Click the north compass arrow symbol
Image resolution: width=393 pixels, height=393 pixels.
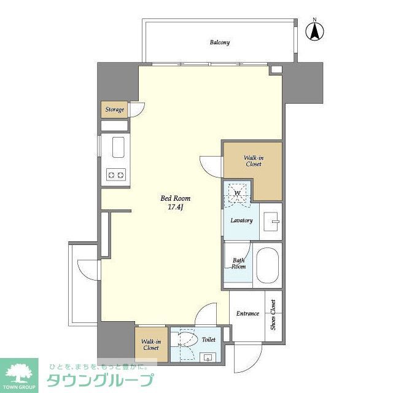[x=315, y=31]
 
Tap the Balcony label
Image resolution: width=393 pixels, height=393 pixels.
[x=219, y=42]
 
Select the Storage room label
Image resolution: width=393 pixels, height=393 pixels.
[x=114, y=110]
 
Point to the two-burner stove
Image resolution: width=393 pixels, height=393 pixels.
[x=115, y=175]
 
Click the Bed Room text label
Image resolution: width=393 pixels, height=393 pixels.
[x=175, y=198]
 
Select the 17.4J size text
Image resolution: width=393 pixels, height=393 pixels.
[x=175, y=207]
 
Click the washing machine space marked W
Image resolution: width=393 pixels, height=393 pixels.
[x=236, y=192]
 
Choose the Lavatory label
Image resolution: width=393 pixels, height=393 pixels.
[x=241, y=220]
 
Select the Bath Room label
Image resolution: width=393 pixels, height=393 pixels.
[x=238, y=263]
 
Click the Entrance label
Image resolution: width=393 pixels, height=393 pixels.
[x=247, y=314]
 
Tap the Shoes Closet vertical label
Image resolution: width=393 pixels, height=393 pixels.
[x=273, y=315]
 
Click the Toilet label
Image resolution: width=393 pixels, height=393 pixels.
[x=208, y=339]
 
